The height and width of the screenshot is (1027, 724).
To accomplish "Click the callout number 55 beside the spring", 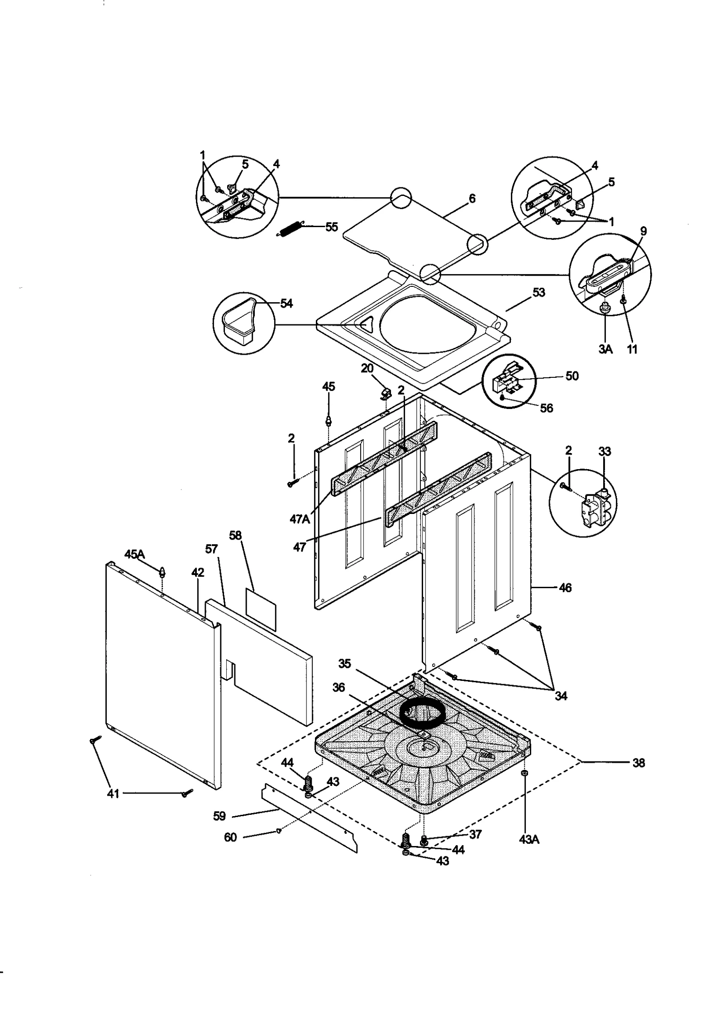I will [x=331, y=227].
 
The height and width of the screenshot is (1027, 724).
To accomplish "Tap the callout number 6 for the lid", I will [x=472, y=198].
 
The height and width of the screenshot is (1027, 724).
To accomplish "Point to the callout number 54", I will [x=286, y=304].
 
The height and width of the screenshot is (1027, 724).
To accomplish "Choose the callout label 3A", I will [x=605, y=349].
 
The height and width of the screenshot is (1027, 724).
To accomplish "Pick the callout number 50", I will [x=572, y=376].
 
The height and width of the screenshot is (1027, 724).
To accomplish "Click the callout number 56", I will [x=547, y=408].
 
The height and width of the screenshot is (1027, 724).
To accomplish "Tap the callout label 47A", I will [x=300, y=519].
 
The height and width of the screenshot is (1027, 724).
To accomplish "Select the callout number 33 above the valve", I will [x=605, y=451].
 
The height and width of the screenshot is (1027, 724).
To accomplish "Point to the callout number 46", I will [x=566, y=588].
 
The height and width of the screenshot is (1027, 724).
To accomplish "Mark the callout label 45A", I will [x=134, y=554].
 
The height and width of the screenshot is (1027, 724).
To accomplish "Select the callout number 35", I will [x=345, y=664].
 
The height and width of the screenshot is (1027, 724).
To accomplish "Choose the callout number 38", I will [x=638, y=763].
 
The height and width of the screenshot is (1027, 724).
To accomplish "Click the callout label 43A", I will [x=529, y=840].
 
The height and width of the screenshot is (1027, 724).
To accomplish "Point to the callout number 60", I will [x=230, y=837].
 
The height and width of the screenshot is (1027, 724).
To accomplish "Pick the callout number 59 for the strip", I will [x=219, y=816].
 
